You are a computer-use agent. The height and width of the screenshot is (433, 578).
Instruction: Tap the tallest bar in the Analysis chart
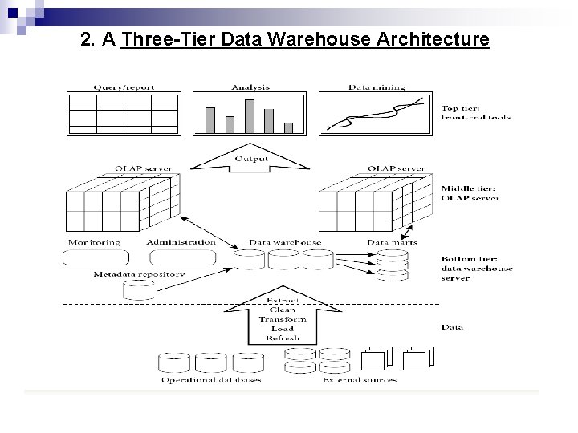(x=249, y=115)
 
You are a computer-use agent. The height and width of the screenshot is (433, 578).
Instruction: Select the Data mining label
(x=377, y=87)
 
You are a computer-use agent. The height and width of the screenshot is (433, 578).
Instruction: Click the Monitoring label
(x=95, y=242)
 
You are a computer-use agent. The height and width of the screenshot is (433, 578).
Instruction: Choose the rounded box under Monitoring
(x=96, y=258)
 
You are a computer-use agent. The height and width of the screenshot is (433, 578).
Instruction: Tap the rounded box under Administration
(x=181, y=258)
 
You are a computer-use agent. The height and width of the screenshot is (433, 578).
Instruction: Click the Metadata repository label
(x=139, y=274)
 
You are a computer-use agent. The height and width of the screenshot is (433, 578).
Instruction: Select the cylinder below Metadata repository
(x=138, y=290)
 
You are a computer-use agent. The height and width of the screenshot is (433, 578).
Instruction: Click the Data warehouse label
(x=285, y=242)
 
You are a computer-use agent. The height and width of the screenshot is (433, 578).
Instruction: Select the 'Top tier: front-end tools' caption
(x=475, y=112)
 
